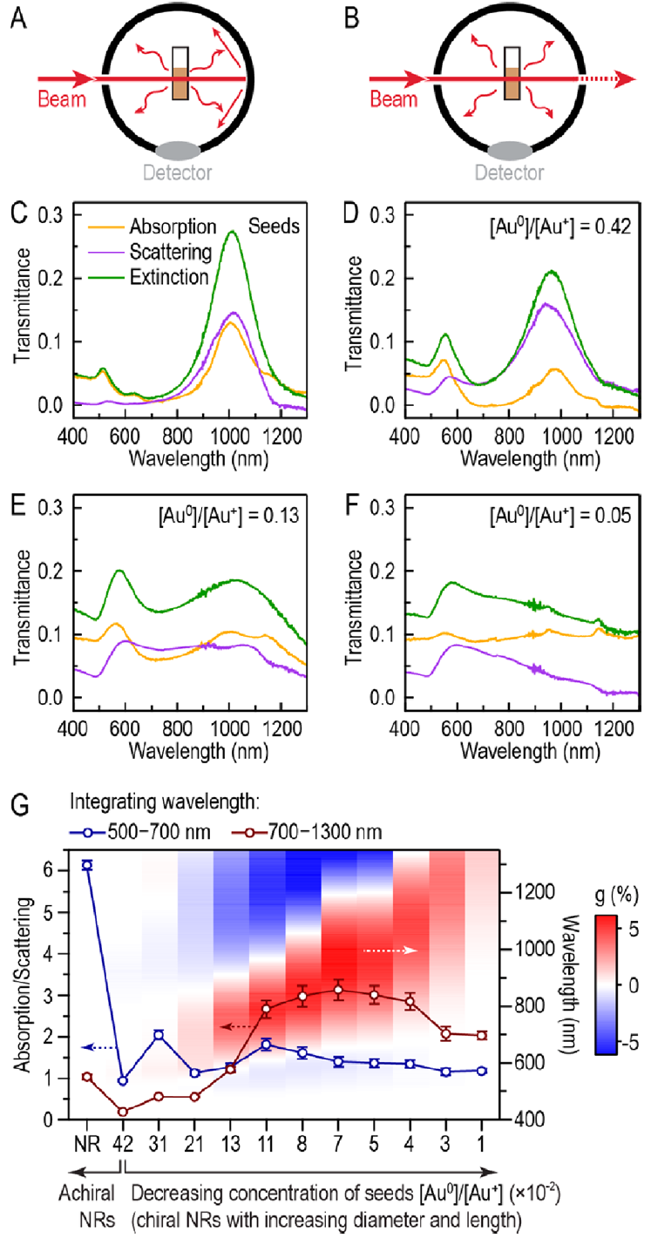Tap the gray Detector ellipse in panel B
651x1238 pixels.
[x=511, y=150]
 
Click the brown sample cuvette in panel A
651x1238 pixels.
[x=180, y=85]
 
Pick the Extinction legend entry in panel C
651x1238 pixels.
[x=162, y=277]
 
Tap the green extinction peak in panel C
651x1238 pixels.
[x=232, y=233]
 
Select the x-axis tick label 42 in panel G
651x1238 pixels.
[x=123, y=1142]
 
